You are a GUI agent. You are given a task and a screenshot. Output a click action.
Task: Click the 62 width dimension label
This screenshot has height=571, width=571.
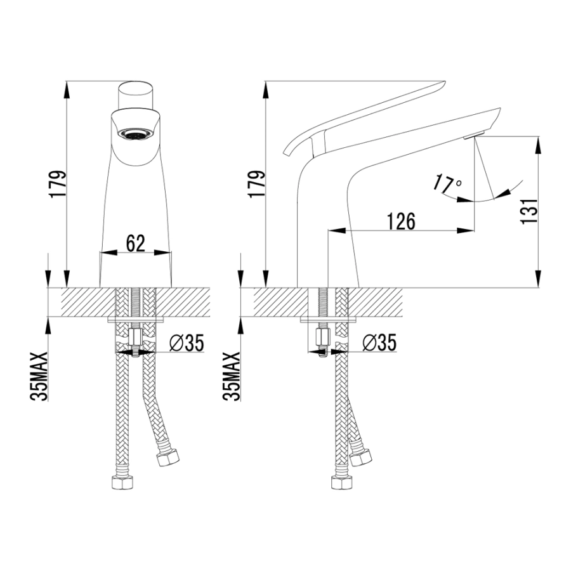(x=136, y=244)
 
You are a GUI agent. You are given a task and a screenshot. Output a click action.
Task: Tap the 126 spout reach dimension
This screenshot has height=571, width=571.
(x=400, y=221)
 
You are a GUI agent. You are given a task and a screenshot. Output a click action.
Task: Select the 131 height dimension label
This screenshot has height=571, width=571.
(x=530, y=211)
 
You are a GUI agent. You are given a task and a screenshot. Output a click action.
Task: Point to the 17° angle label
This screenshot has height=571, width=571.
(x=447, y=184)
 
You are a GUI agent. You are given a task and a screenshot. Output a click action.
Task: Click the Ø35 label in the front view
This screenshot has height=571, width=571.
(x=187, y=343)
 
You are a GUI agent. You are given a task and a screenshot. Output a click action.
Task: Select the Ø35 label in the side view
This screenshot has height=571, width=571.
(x=379, y=343)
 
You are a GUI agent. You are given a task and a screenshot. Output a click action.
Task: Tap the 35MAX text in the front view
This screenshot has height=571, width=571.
(x=39, y=376)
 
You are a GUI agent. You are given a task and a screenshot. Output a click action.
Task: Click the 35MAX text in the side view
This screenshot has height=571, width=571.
(x=232, y=376)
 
